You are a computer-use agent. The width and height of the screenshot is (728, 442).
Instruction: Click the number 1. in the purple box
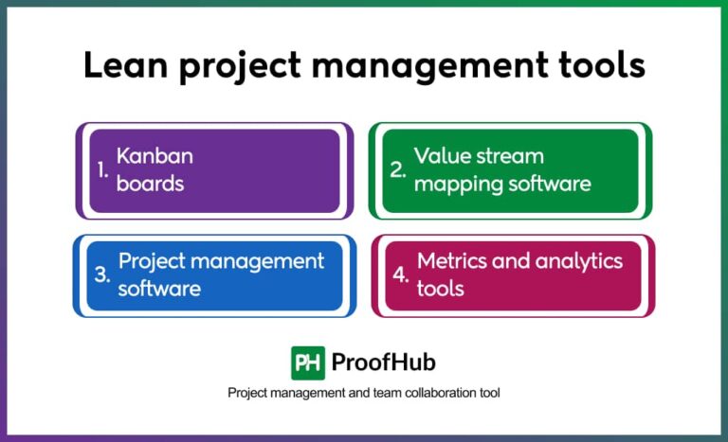coord(103,170)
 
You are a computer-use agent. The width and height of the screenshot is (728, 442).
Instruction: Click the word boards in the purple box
coord(150,183)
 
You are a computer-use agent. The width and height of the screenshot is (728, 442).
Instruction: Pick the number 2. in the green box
coord(399,170)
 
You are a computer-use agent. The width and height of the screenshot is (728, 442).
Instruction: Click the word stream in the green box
coord(512,156)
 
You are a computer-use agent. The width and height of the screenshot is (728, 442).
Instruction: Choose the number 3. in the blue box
coord(102,275)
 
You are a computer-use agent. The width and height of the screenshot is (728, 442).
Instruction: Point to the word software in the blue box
coord(159,288)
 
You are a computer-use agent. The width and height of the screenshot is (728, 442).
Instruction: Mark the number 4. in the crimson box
coord(401,275)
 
